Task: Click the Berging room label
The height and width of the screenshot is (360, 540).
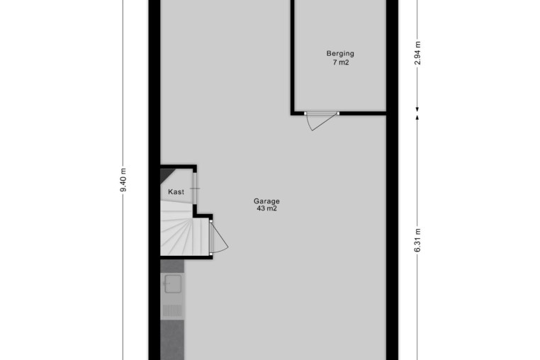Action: (340, 54)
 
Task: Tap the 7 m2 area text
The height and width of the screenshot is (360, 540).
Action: (341, 62)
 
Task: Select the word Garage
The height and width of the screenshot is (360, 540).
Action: (266, 201)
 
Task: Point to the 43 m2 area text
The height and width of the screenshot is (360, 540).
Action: (266, 208)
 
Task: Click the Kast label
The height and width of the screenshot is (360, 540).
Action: (176, 192)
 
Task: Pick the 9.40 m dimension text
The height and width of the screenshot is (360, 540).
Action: (123, 180)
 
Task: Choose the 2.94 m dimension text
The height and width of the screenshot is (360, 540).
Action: (417, 53)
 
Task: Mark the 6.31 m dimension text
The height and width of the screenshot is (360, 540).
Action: (417, 240)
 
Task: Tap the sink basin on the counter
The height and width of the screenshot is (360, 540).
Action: (172, 284)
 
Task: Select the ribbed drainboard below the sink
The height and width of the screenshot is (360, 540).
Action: (172, 310)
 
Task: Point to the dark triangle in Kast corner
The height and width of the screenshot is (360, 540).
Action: (166, 174)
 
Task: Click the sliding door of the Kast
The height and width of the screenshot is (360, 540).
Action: (195, 188)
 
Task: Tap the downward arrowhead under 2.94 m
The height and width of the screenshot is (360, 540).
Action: (417, 109)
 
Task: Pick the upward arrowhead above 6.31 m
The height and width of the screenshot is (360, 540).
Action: (417, 118)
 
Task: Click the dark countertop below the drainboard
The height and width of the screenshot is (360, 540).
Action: (172, 339)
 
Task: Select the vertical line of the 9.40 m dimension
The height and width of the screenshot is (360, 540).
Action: (123, 180)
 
